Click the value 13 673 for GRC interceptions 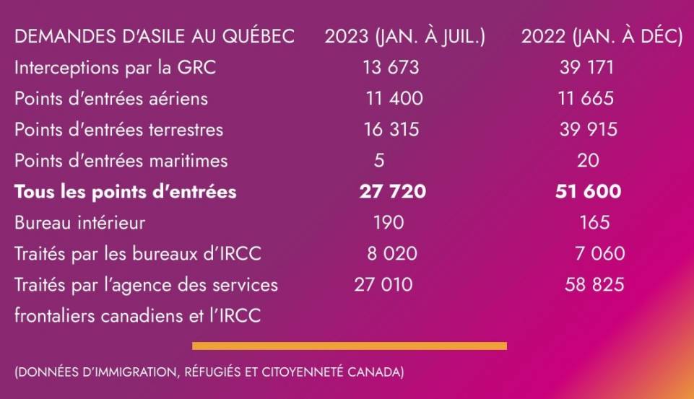391,68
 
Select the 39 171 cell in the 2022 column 586,68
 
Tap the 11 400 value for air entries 394,99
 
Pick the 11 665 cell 586,99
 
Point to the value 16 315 391,130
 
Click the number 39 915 589,130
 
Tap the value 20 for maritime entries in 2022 588,160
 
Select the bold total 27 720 392,192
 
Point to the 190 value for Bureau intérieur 389,223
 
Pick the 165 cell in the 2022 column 594,223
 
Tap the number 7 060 596,254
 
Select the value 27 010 383,285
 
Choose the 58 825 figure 594,285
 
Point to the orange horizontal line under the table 350,346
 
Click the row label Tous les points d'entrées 125,192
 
